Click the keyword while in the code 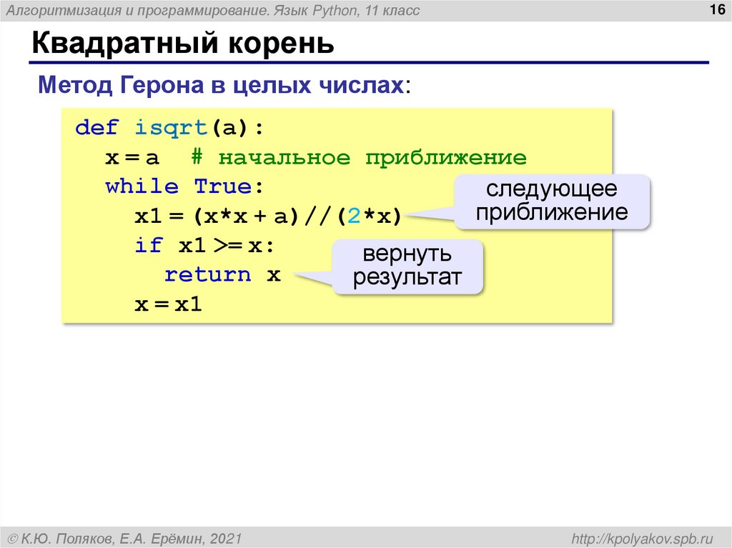tap(142, 187)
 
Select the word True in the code tap(222, 187)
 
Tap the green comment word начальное tap(285, 158)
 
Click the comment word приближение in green tap(446, 158)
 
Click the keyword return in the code tap(208, 275)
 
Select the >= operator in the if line tap(227, 246)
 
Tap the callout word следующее tap(551, 189)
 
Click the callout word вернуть tap(407, 254)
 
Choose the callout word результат tap(407, 277)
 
